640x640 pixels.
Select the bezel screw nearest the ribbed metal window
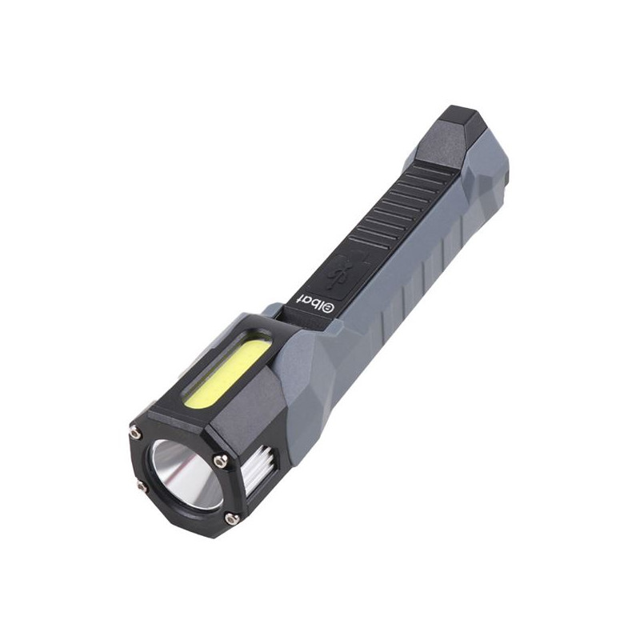tap(221, 461)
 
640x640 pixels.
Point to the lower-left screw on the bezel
tap(142, 486)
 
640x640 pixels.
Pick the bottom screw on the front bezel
tap(231, 518)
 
